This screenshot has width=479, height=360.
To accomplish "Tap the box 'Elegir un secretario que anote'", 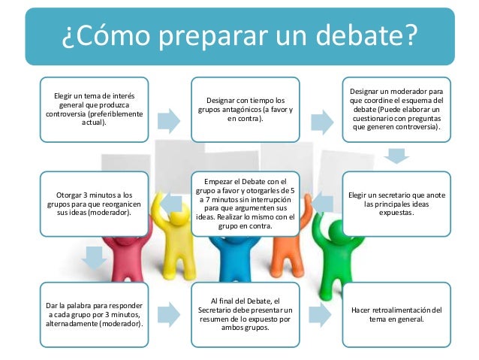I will pyautogui.click(x=396, y=202).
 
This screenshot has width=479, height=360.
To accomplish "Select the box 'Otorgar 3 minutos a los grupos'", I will pyautogui.click(x=94, y=202).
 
